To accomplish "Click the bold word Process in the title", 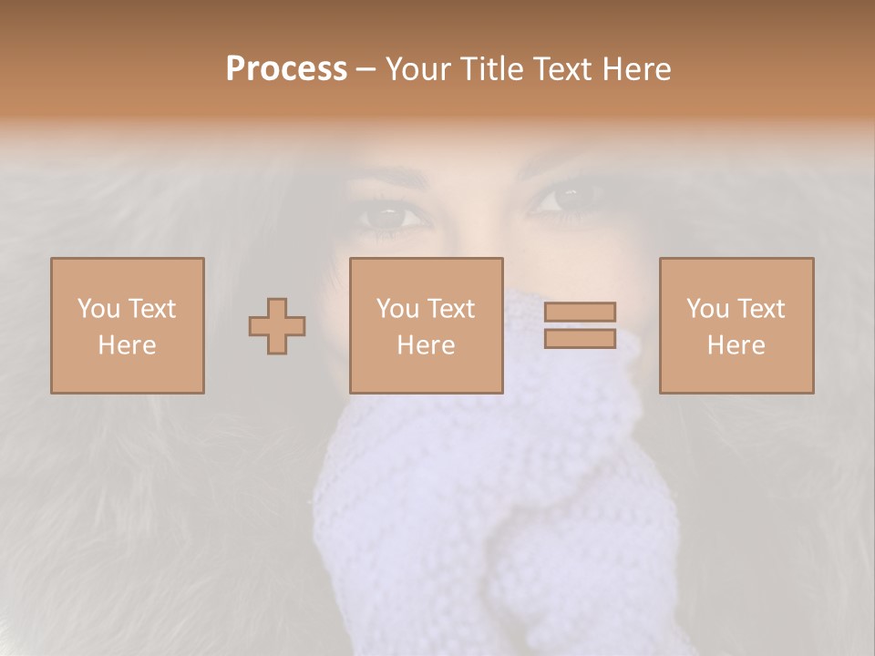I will (x=286, y=69).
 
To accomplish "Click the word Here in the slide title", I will (x=637, y=69).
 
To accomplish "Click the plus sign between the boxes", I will (x=277, y=325).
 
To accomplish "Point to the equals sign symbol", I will (x=580, y=325).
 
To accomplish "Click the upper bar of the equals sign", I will (x=580, y=313).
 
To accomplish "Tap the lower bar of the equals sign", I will (x=580, y=338).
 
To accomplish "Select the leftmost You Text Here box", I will (x=128, y=325).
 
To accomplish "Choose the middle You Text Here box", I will (x=427, y=325).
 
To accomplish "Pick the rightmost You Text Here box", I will (x=736, y=325).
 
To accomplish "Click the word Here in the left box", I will (x=128, y=345).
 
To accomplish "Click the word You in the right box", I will (x=707, y=309).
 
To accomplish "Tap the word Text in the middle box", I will (x=451, y=309).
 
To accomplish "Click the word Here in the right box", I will (x=736, y=345).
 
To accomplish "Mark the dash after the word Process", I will (x=366, y=69).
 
